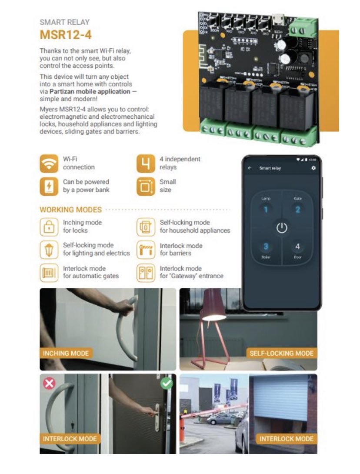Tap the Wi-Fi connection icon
click(49, 164)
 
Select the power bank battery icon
click(49, 186)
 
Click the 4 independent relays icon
click(145, 164)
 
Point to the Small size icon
click(145, 186)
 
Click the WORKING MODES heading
click(70, 210)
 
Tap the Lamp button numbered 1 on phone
click(266, 210)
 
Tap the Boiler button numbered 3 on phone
click(266, 247)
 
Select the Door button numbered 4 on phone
click(298, 247)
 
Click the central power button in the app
click(282, 228)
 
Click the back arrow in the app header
click(250, 168)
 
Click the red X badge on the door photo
click(50, 384)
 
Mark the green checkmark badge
click(166, 383)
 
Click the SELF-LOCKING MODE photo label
click(281, 353)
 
